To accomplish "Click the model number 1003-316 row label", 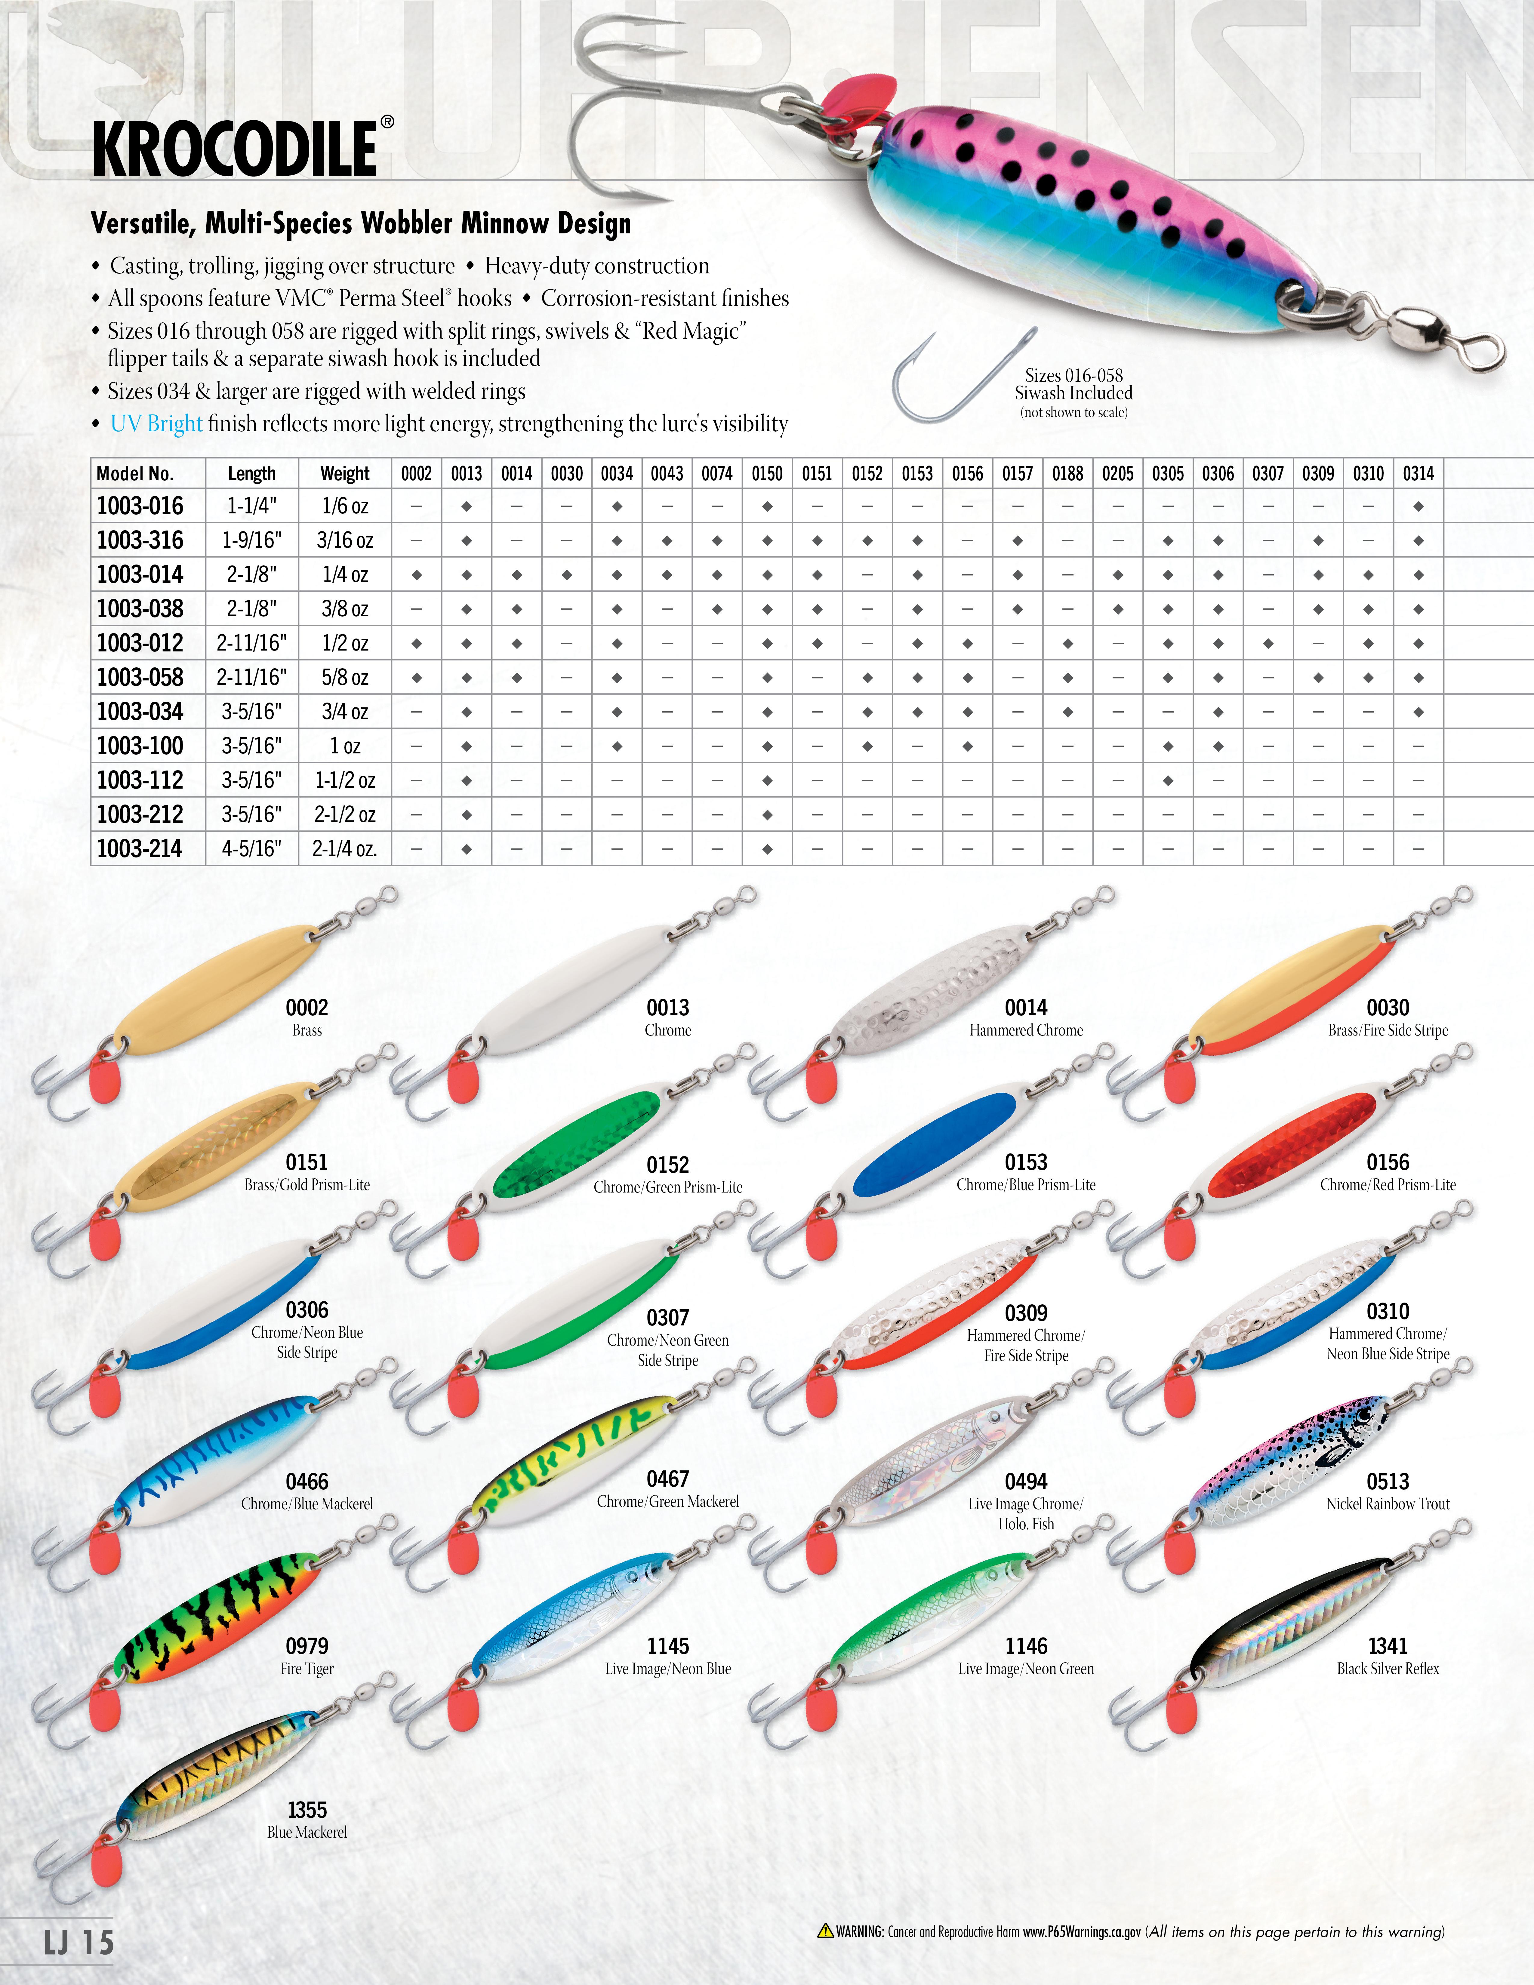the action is pos(140,541).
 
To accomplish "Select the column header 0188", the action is pos(1068,473).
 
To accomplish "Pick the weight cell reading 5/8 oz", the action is pos(345,678).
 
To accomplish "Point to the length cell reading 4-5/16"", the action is pos(252,849).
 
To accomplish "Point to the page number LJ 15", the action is pos(79,1942).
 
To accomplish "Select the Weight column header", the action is pos(345,473).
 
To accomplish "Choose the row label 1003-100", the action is pos(140,746).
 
